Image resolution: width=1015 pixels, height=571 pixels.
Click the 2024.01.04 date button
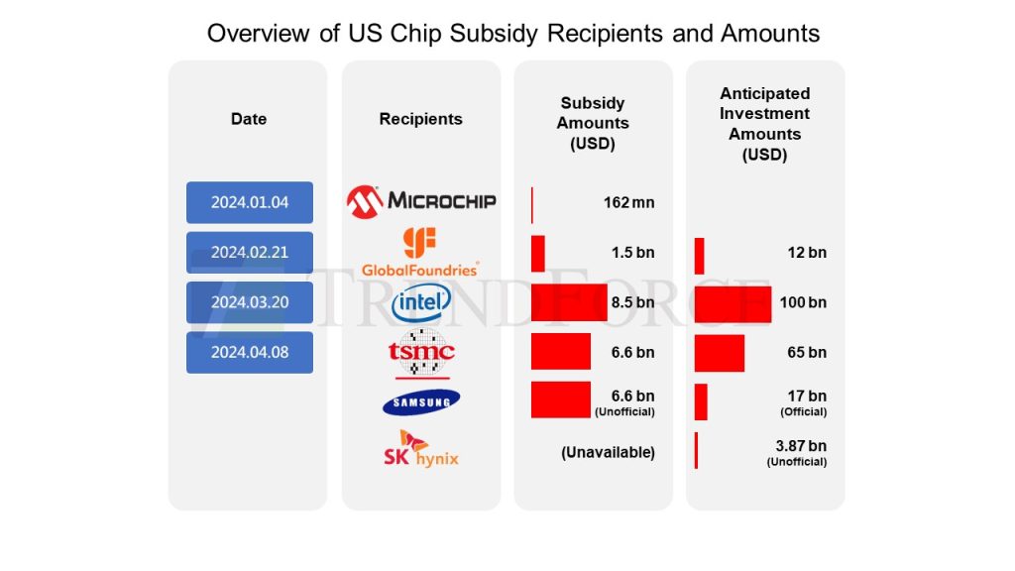(250, 202)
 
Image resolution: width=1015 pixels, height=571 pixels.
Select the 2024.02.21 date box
(250, 252)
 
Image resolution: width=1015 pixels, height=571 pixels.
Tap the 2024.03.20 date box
(250, 302)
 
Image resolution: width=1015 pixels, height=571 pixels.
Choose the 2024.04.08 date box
(250, 352)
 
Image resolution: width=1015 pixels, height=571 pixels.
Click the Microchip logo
(421, 201)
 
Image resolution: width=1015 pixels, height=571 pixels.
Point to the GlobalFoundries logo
(420, 252)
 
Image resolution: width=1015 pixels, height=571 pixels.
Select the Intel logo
(421, 303)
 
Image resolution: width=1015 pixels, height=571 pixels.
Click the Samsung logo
(421, 400)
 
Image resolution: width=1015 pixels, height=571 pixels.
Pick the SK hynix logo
(421, 449)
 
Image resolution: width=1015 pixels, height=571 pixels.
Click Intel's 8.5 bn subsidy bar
(569, 302)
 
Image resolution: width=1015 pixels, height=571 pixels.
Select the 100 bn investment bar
(733, 302)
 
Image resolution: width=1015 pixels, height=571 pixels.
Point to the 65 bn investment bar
(720, 353)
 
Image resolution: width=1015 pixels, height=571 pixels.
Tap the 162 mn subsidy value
(628, 203)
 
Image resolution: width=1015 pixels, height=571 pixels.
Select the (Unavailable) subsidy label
(608, 452)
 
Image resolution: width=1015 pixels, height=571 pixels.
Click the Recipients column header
(420, 119)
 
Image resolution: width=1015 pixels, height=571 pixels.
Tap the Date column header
(249, 119)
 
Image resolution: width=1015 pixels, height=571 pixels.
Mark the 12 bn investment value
(807, 253)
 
